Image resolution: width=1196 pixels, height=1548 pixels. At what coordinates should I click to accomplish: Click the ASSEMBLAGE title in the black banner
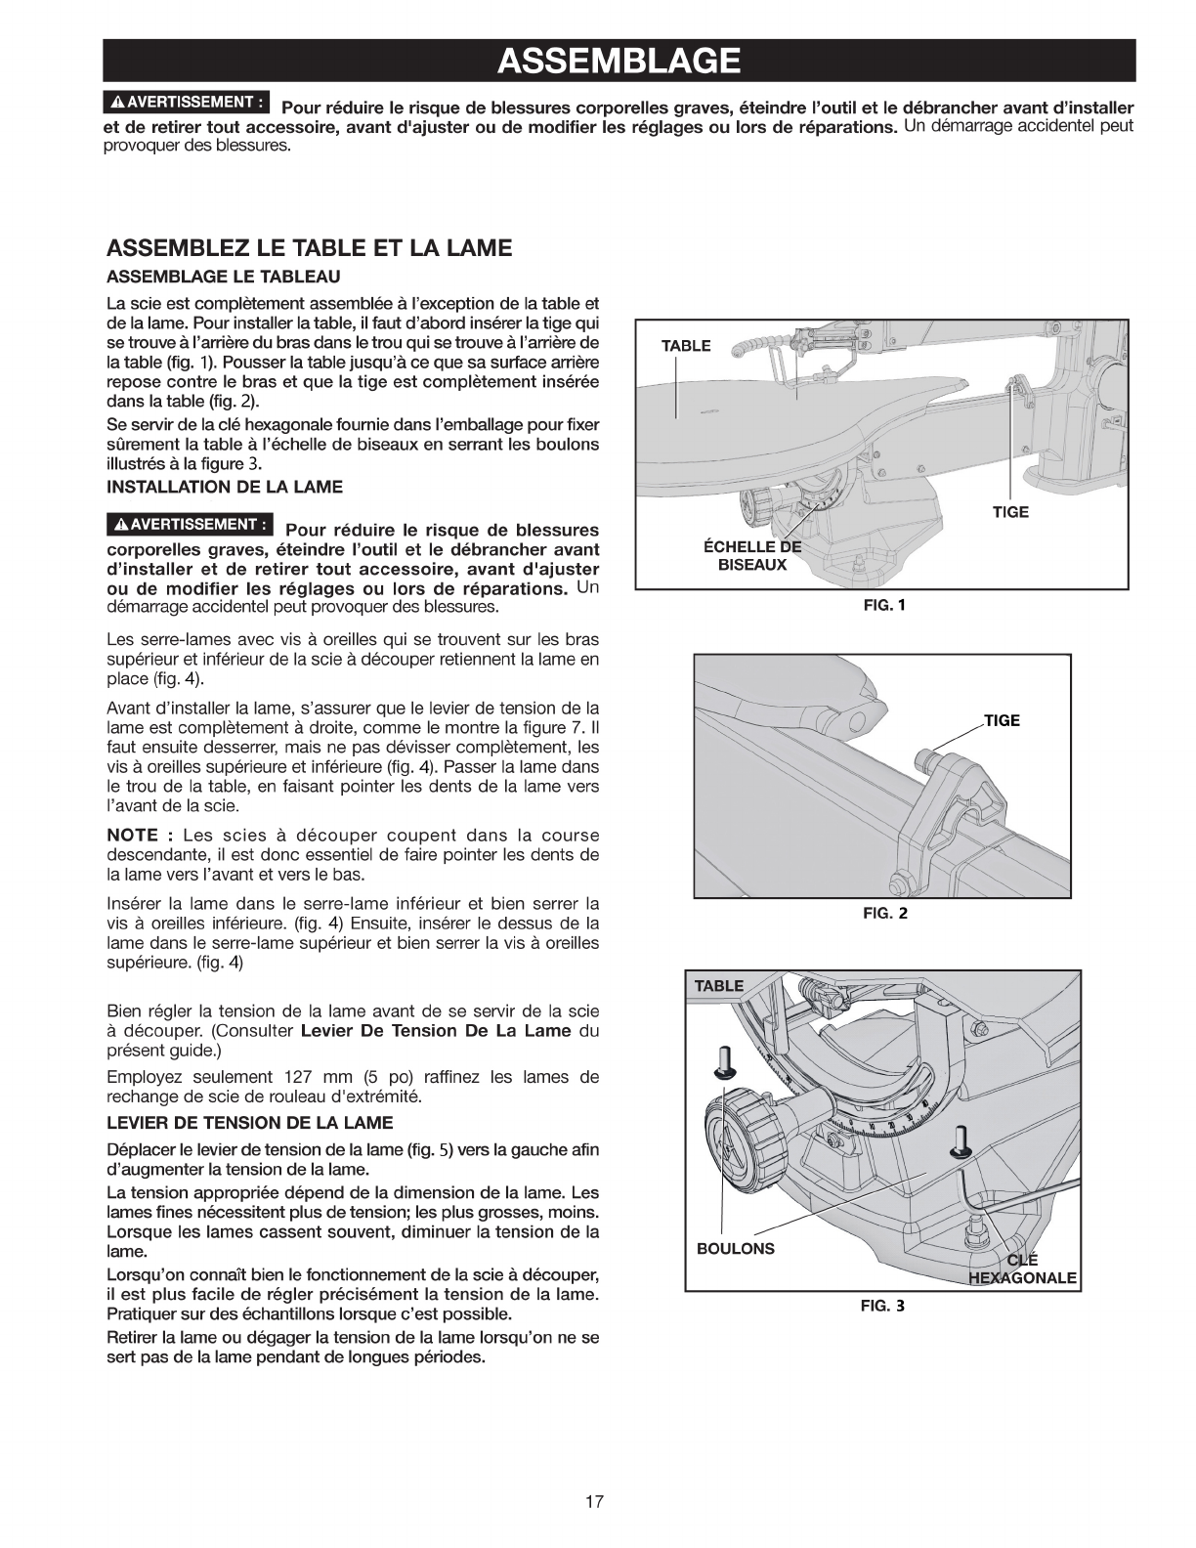click(618, 61)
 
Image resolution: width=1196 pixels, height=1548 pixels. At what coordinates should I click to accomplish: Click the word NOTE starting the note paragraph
click(132, 836)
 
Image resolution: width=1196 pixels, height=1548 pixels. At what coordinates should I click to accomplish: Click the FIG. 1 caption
click(884, 605)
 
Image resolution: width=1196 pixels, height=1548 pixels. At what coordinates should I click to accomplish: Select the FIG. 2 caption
click(884, 915)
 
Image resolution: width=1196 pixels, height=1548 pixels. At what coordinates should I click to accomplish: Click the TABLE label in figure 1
click(686, 346)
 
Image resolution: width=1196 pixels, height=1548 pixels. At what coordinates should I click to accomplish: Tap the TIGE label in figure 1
click(1010, 512)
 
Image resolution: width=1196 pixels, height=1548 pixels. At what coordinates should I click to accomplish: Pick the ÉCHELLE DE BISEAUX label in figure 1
click(752, 555)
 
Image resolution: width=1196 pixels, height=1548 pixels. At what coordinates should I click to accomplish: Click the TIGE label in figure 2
click(1002, 720)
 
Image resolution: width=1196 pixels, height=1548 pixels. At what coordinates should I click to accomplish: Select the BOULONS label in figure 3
click(735, 1248)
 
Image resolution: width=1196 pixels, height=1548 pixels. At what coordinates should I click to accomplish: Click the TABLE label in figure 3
click(718, 985)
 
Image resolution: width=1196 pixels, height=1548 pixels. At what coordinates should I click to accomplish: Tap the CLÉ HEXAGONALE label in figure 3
click(1021, 1268)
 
